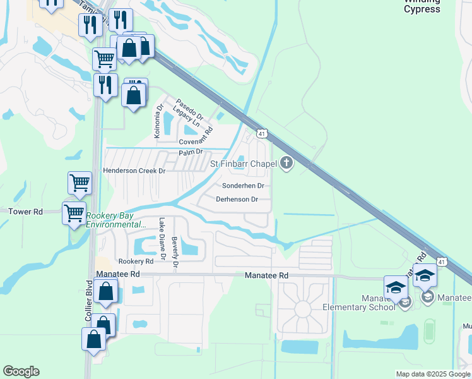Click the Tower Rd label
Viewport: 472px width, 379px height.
point(25,212)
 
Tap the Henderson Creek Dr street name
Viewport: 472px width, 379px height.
point(134,171)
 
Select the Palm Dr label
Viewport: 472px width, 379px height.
point(190,152)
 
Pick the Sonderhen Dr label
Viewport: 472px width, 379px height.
point(243,186)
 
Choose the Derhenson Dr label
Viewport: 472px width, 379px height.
point(237,200)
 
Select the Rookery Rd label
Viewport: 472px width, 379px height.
point(136,262)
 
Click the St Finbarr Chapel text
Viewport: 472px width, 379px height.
point(243,164)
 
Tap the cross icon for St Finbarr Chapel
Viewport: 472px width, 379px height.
point(286,164)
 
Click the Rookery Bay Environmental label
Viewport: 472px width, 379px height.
point(115,220)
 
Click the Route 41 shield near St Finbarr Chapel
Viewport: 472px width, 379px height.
point(261,133)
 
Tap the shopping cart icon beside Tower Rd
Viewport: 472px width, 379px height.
point(74,213)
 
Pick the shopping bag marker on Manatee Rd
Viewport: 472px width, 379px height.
point(106,292)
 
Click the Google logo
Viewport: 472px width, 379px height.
point(21,371)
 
